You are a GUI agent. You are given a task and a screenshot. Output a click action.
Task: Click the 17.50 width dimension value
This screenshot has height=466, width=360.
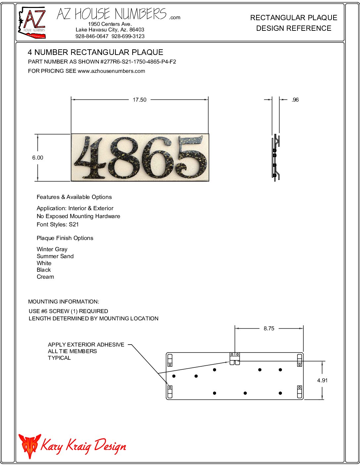[x=139, y=100]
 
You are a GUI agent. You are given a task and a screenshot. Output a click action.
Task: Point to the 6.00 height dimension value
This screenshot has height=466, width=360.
[x=38, y=158]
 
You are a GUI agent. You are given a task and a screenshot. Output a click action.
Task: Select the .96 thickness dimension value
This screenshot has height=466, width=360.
[x=295, y=100]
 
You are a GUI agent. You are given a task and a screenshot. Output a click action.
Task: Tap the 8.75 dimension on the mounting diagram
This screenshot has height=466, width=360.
[x=269, y=328]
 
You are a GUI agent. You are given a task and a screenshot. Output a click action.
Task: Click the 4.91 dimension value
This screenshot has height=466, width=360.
[x=322, y=380]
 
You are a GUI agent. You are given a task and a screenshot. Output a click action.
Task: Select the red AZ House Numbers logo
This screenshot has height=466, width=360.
[x=32, y=23]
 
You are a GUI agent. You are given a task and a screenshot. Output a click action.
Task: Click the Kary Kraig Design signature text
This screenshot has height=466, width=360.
[x=83, y=446]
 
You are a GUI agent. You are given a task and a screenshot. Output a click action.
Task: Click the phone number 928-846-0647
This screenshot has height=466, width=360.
[x=92, y=36]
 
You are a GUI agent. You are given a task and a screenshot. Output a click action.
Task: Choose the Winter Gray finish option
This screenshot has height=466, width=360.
[x=52, y=249]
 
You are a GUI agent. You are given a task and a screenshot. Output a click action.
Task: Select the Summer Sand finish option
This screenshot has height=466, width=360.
[x=55, y=256]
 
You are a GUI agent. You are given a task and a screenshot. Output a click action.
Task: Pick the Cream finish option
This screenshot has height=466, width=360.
[x=45, y=277]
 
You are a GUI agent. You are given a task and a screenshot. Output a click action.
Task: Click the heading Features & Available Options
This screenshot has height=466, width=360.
[x=74, y=197]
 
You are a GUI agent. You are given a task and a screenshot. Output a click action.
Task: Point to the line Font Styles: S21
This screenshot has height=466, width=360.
[x=58, y=224]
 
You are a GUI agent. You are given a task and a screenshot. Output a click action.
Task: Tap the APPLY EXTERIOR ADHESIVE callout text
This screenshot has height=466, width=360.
[x=86, y=345]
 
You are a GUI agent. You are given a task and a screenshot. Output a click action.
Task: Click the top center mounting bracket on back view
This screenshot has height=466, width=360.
[x=235, y=358]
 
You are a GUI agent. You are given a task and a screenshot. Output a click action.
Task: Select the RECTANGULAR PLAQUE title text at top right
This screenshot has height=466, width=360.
[x=293, y=18]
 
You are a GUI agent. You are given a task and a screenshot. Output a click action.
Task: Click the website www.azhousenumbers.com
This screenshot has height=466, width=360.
[x=111, y=71]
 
